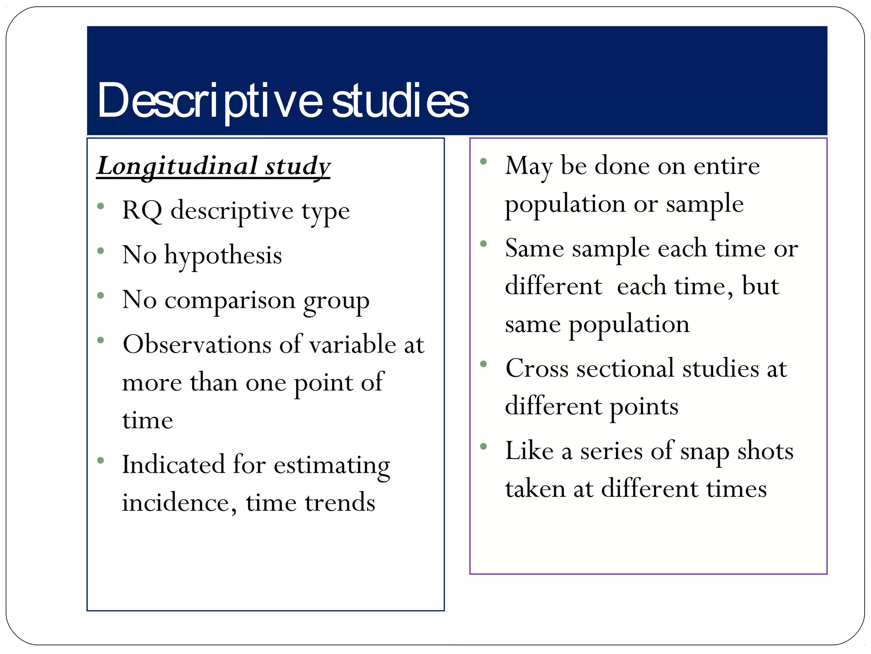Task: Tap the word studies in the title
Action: pos(400,101)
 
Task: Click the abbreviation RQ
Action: pos(142,210)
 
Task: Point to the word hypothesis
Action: pos(223,256)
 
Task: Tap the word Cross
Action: pos(537,368)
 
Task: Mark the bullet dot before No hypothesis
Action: pos(101,251)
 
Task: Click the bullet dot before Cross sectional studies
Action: pos(484,364)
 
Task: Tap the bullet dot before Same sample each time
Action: pos(484,244)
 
